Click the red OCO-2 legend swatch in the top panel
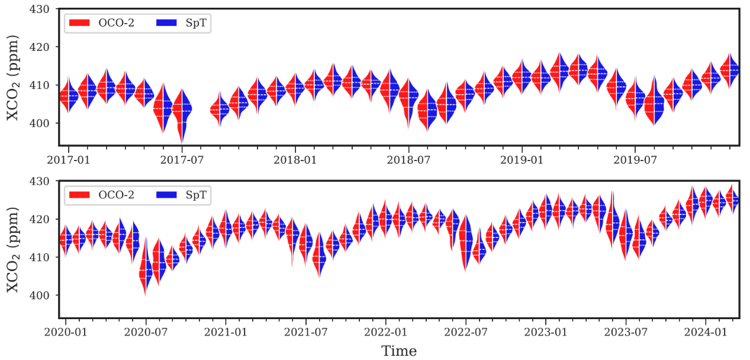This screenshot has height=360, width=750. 79,22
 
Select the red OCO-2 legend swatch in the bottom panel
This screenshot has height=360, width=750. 79,194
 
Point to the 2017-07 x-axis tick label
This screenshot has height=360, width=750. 182,159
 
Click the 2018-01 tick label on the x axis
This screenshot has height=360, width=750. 295,159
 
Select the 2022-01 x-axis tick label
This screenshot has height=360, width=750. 385,332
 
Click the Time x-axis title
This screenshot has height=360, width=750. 399,351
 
